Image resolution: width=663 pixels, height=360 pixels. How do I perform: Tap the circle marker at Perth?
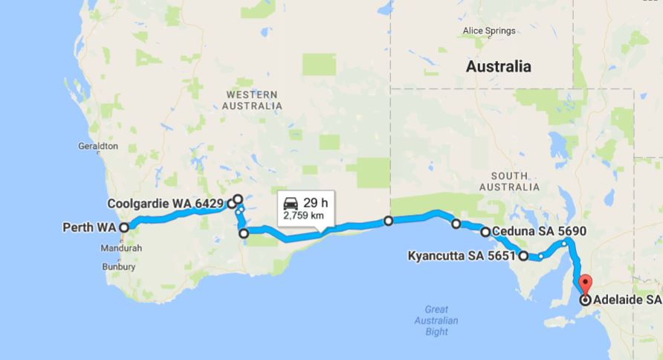coord(124,228)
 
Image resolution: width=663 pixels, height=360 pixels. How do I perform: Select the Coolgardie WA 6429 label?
coord(166,203)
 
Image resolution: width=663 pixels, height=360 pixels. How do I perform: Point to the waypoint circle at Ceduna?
coord(485,232)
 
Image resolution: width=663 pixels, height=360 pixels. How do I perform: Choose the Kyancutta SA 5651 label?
coord(462,257)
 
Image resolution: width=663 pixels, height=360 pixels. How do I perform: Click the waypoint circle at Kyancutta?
coord(523,257)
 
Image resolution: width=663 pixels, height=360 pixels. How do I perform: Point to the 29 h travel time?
coord(315,202)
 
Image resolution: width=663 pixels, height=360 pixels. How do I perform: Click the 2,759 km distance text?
coord(303,216)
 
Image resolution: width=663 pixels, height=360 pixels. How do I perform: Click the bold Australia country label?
coord(498,66)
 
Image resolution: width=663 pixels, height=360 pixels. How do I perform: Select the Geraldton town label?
coord(97,147)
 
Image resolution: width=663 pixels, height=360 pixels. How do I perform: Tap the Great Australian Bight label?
coord(436,321)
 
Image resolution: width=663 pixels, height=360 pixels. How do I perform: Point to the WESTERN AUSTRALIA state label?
coord(252,100)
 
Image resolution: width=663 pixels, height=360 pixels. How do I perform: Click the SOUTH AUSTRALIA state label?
coord(509,181)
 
